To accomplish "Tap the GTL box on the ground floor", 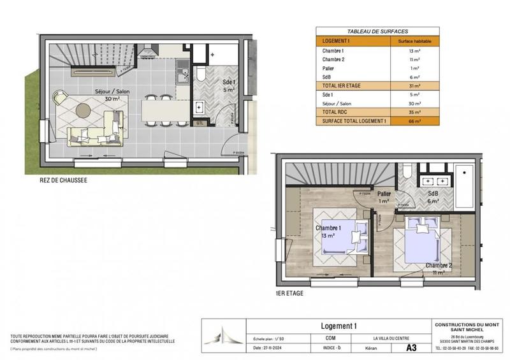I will pyautogui.click(x=200, y=123).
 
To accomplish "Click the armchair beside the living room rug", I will pyautogui.click(x=61, y=97).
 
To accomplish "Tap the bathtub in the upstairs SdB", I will pyautogui.click(x=464, y=185).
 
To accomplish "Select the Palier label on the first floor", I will pyautogui.click(x=384, y=194).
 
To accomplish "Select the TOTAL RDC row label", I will pyautogui.click(x=334, y=112).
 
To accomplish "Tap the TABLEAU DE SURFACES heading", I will pyautogui.click(x=377, y=31).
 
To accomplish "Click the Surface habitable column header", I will pyautogui.click(x=414, y=40).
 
